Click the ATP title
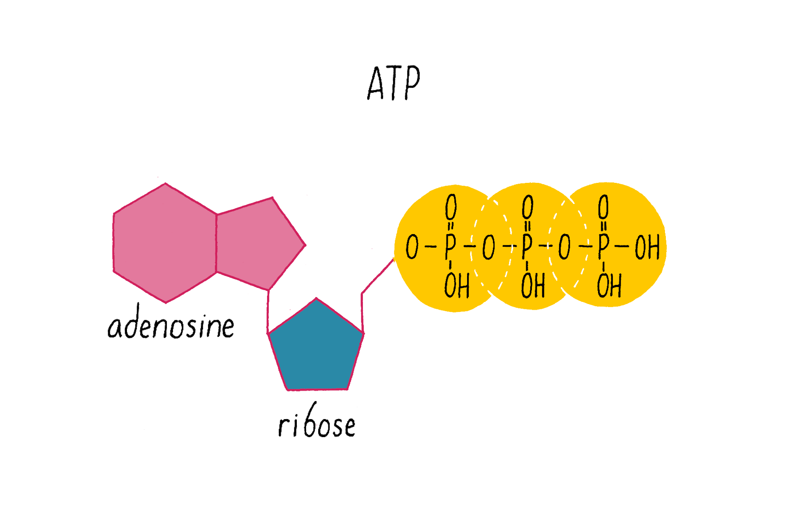pos(394,83)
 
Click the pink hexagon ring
pos(165,243)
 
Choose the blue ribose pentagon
pos(316,348)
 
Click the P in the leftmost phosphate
pos(450,247)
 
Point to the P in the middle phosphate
pos(527,247)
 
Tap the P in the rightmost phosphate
pos(603,247)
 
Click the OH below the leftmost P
pos(457,286)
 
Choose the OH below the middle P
pos(533,286)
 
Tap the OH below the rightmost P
pos(609,286)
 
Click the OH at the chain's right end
pos(647,248)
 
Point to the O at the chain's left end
pos(412,247)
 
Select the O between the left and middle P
pos(489,248)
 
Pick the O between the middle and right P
pos(564,247)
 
